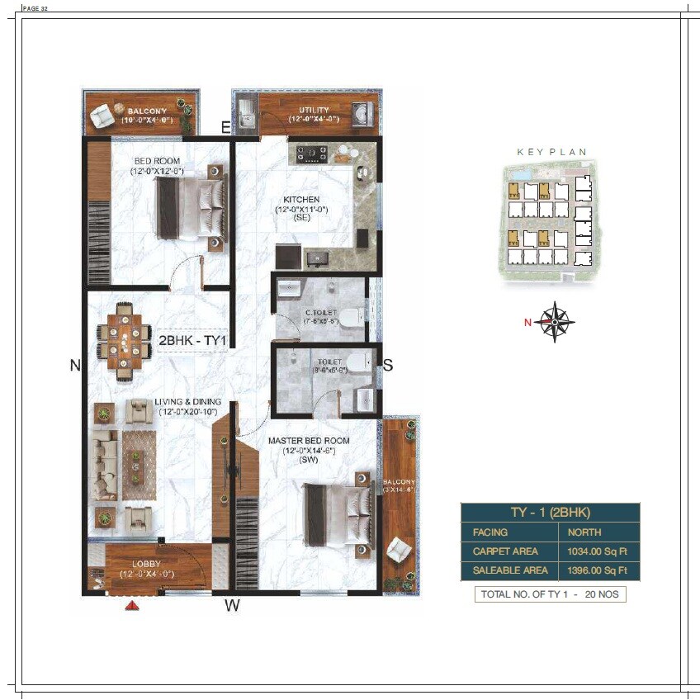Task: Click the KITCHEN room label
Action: [301, 200]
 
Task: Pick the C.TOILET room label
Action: [320, 312]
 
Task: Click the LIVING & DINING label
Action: [187, 402]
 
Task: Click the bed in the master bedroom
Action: [337, 512]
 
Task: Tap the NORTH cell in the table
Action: [584, 532]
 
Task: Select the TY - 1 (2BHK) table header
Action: [550, 512]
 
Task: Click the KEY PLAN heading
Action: [551, 152]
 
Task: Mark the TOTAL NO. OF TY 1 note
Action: [550, 594]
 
